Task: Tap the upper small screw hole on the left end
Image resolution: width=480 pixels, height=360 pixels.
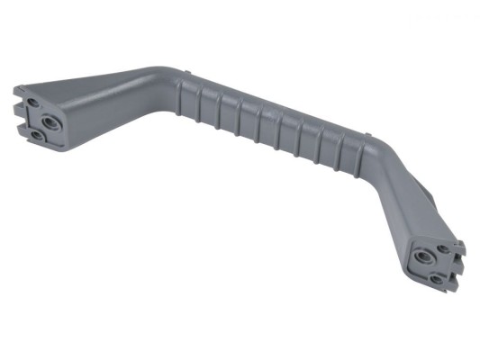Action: click(x=30, y=104)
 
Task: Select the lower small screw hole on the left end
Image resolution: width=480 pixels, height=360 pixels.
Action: click(x=36, y=135)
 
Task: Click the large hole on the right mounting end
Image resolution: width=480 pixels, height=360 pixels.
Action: click(x=420, y=256)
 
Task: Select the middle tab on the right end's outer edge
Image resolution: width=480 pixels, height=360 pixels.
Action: click(x=459, y=261)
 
